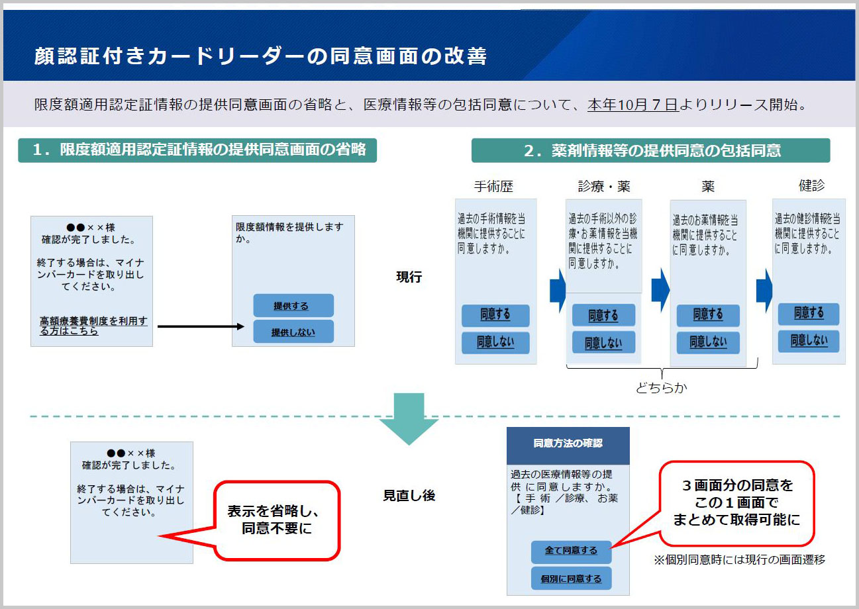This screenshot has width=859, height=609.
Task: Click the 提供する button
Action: (x=293, y=305)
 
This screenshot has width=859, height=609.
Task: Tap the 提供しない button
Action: (x=293, y=332)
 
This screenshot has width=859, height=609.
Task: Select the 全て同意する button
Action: (x=571, y=551)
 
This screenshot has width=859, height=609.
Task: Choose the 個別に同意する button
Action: (x=571, y=579)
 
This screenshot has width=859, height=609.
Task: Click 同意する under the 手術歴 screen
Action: (x=495, y=316)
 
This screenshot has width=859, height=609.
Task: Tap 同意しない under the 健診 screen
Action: (x=809, y=341)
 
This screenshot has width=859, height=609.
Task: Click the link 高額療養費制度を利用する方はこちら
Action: (x=93, y=326)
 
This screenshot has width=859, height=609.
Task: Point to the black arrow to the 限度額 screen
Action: (x=201, y=326)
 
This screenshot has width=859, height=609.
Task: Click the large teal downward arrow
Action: (x=409, y=419)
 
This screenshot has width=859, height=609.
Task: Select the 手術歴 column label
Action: (x=493, y=186)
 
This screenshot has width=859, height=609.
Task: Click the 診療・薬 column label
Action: (x=604, y=186)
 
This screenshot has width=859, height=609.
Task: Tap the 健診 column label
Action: (x=811, y=185)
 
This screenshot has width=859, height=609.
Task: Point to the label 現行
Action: (x=409, y=277)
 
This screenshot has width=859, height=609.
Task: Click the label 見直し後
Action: (x=409, y=496)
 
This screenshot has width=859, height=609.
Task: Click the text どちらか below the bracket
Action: (x=662, y=388)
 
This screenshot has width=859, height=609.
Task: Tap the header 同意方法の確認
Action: (x=568, y=444)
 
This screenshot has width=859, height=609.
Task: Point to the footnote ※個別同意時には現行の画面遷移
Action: (x=740, y=560)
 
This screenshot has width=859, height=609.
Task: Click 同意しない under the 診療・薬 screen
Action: (x=603, y=343)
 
